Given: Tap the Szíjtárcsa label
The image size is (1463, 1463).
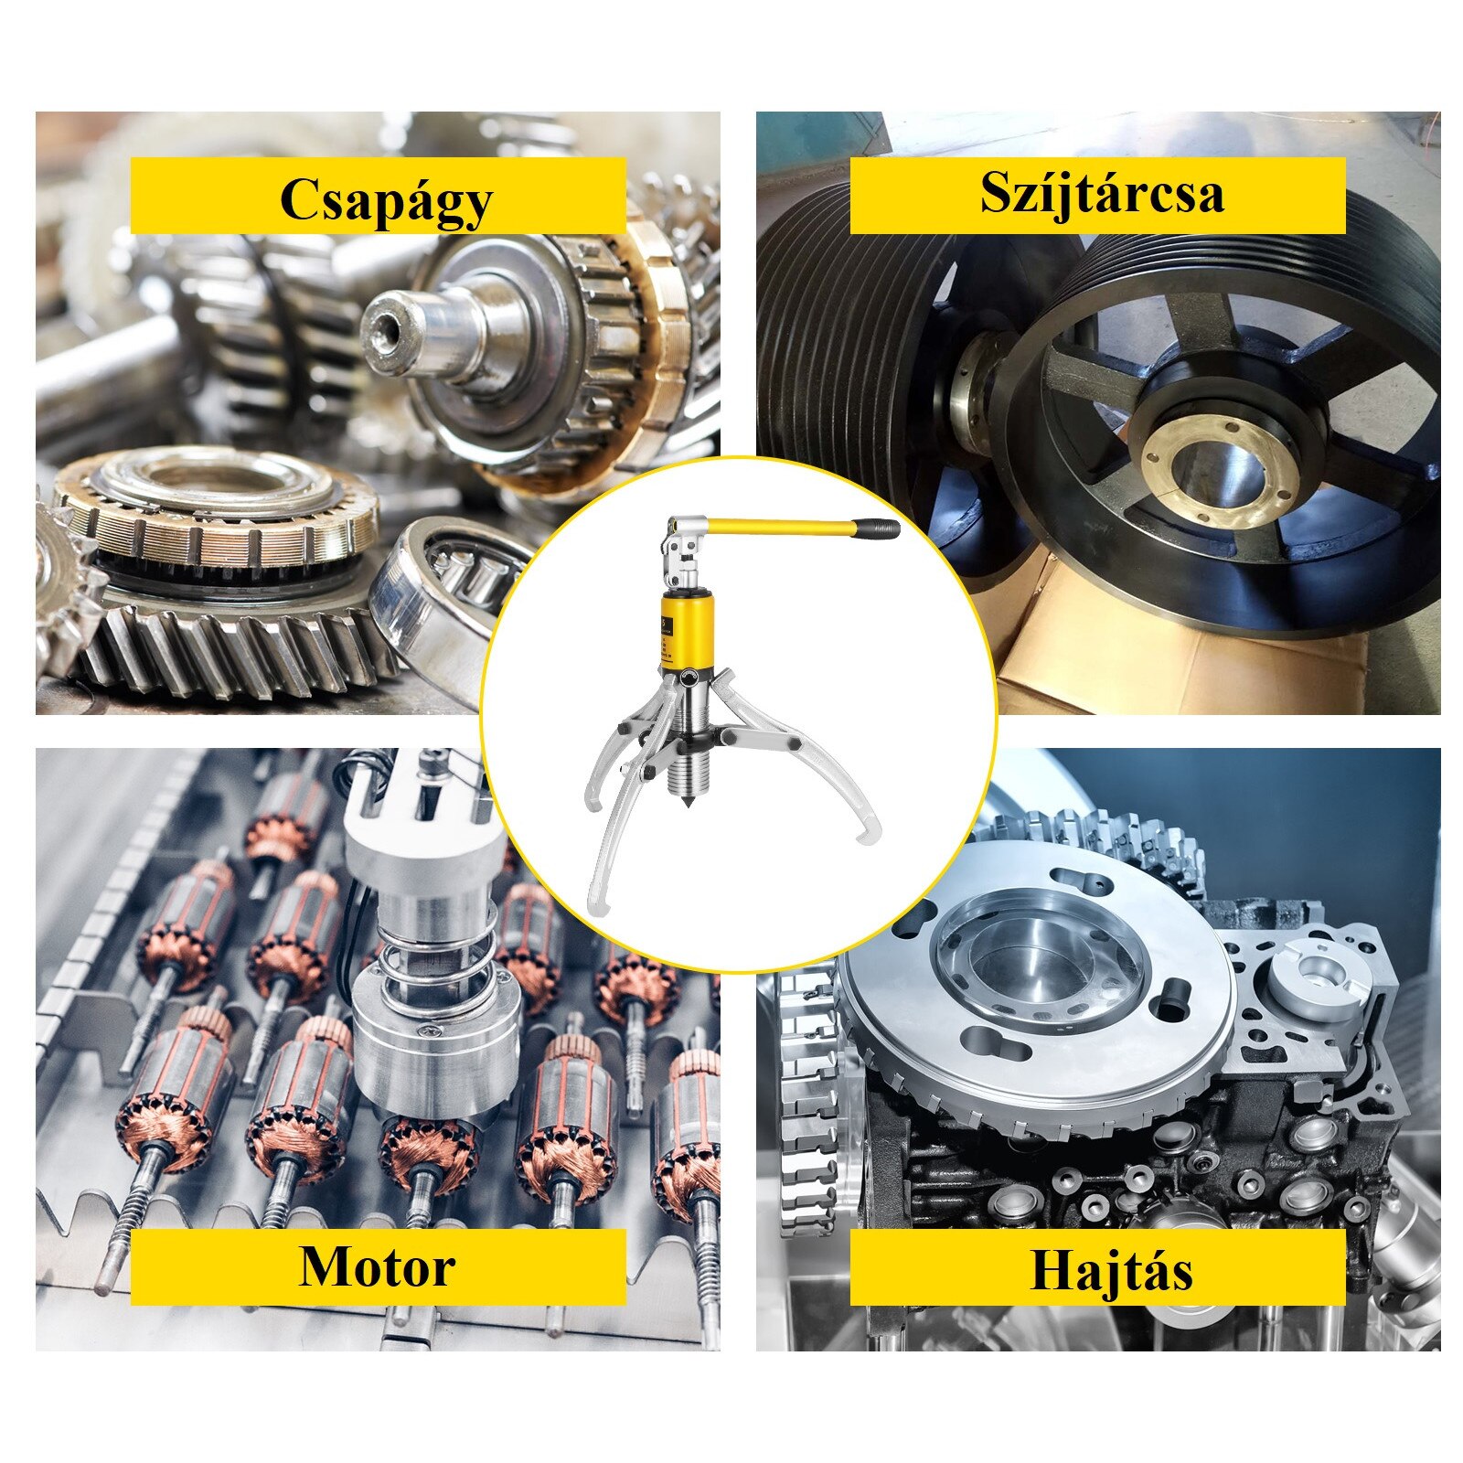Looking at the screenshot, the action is tap(1101, 193).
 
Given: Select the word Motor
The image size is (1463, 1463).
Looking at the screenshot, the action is tap(377, 1266).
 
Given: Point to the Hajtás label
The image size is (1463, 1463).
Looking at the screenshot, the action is tap(1111, 1270).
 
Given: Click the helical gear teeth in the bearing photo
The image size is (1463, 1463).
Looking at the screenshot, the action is tap(229, 645).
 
